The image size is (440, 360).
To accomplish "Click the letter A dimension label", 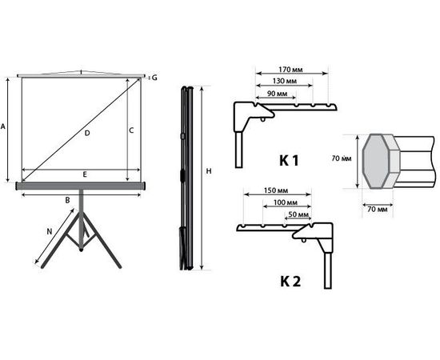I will [x=5, y=126].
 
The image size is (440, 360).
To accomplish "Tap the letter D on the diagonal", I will [x=86, y=134].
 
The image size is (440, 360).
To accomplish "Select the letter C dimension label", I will [x=130, y=129].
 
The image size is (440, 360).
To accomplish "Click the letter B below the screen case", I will [x=68, y=199].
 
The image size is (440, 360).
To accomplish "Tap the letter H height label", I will [x=208, y=171].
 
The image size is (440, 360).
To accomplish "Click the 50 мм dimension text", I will [x=297, y=216].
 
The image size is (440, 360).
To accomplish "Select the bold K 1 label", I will [x=289, y=161].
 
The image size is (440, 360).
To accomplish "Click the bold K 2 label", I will [x=289, y=282].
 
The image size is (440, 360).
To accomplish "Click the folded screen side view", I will [x=186, y=176].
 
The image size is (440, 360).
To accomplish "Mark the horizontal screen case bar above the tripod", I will [x=82, y=186].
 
